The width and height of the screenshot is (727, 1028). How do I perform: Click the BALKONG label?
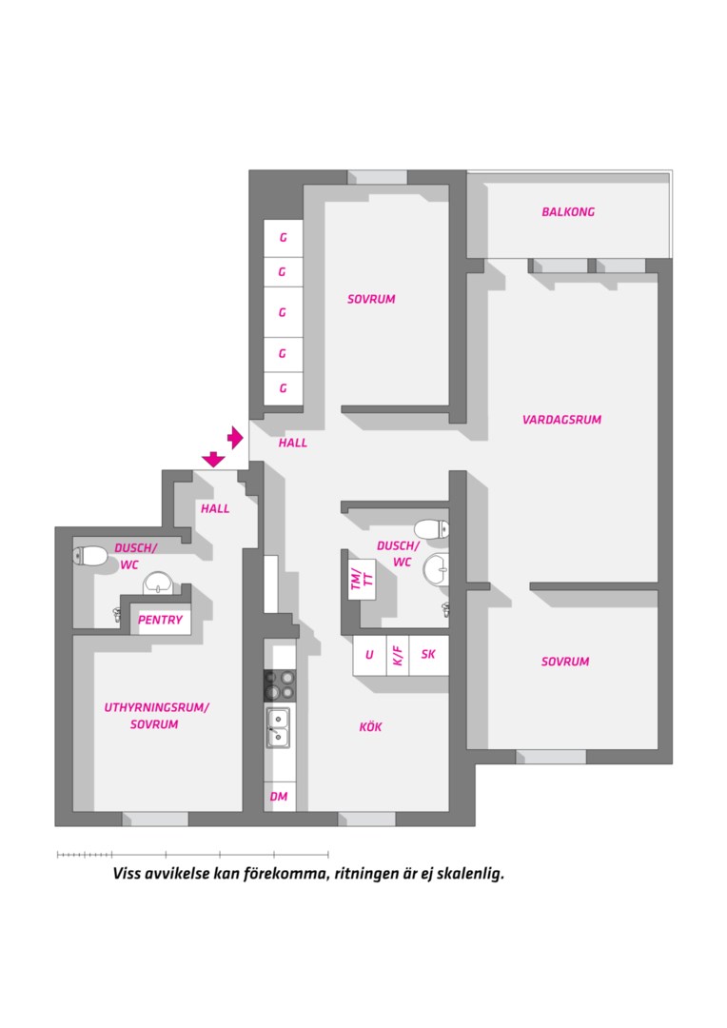coord(568,211)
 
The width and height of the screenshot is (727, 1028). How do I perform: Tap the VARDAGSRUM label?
coord(561,420)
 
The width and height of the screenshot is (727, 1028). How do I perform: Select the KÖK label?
coord(370,726)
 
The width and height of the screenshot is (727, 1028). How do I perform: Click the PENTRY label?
coord(160,620)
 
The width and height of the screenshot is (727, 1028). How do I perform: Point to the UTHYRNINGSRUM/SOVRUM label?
coord(156,716)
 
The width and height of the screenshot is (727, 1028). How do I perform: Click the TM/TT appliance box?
coord(362,579)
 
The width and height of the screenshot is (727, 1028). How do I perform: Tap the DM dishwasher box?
coord(279,797)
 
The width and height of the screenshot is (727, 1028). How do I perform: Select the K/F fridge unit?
coord(398,655)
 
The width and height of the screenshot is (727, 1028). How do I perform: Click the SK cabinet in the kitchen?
coord(429,655)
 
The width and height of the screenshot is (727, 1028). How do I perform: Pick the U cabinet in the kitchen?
coord(370,655)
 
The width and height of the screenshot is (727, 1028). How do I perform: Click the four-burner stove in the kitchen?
coord(280,685)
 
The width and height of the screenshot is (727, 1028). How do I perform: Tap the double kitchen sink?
coord(279,727)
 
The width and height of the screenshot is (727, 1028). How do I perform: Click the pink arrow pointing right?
coord(235,437)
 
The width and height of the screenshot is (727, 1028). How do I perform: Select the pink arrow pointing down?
coord(213,459)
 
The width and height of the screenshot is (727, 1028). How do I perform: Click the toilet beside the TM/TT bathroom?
coord(432,529)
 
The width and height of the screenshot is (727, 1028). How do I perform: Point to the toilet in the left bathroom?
coord(90,557)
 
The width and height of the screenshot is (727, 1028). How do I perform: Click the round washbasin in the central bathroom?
coord(436,569)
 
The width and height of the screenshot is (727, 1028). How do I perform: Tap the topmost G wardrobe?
coord(284,238)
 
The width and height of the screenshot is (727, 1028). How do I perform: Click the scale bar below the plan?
coord(193,854)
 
